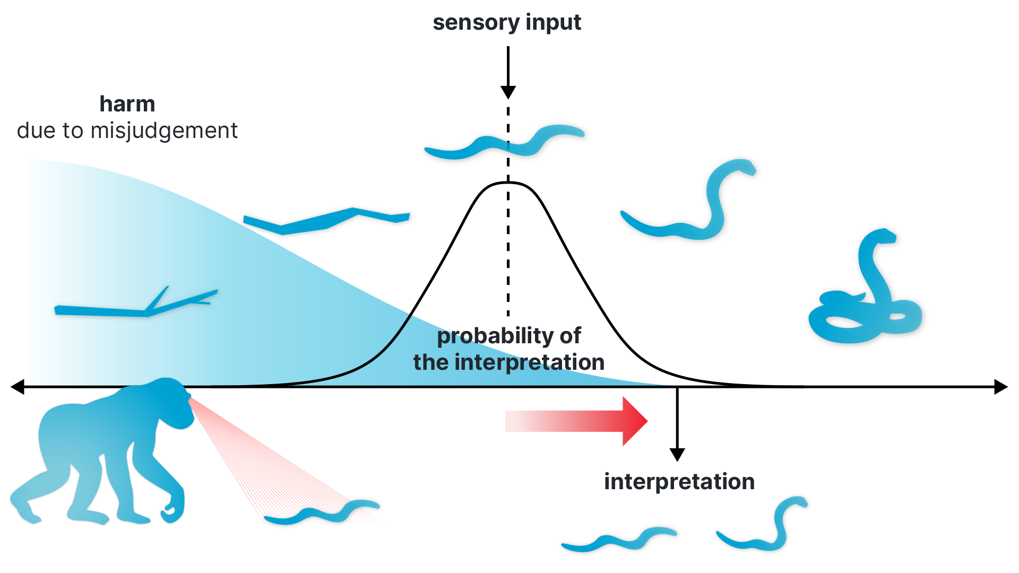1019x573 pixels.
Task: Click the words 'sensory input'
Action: tap(507, 23)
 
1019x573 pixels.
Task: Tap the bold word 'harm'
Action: tap(127, 104)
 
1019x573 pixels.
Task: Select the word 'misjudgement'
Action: tap(164, 131)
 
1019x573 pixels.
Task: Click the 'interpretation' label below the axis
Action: tap(679, 482)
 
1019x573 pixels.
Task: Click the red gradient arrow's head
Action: tap(635, 421)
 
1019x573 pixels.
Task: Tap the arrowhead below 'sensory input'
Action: tap(508, 92)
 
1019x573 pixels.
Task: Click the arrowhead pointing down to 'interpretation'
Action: tap(677, 455)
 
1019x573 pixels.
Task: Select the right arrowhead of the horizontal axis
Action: tap(1001, 387)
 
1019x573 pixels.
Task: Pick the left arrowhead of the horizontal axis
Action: tap(18, 387)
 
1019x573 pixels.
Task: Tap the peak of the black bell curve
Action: tap(508, 183)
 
